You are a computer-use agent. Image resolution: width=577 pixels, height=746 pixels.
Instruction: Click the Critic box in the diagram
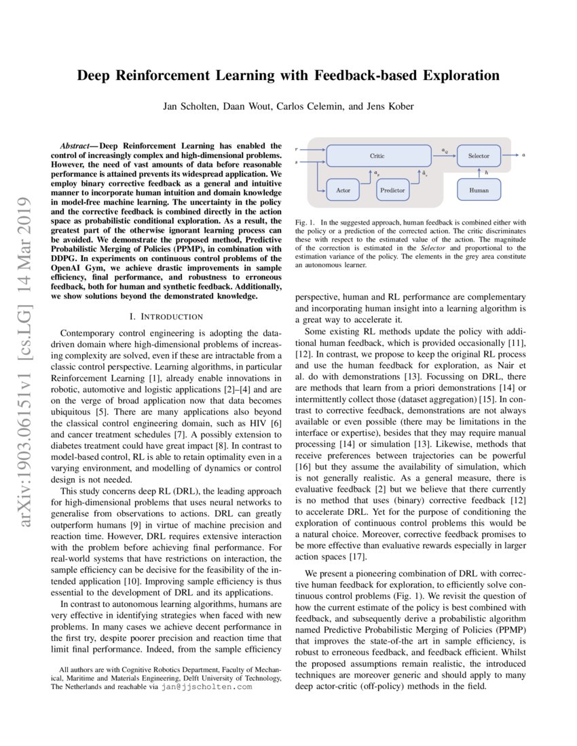point(377,156)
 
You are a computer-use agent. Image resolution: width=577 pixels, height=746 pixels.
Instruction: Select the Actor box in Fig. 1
point(343,190)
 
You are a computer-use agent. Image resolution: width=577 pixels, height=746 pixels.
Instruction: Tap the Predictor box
point(392,190)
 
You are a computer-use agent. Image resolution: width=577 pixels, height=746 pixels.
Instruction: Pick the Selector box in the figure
point(479,156)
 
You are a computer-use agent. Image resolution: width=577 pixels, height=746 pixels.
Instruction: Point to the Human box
point(479,190)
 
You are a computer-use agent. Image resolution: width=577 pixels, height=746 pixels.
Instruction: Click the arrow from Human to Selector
point(479,173)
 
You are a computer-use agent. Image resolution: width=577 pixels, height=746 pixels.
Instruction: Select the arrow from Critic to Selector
point(445,156)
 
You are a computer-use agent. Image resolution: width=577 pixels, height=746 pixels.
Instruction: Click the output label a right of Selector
point(523,155)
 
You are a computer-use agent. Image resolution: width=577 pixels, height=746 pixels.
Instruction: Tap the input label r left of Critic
point(297,148)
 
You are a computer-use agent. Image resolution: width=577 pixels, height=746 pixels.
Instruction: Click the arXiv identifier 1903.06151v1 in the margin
point(21,336)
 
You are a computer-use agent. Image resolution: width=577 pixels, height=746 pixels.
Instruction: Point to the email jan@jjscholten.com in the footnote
point(207,686)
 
